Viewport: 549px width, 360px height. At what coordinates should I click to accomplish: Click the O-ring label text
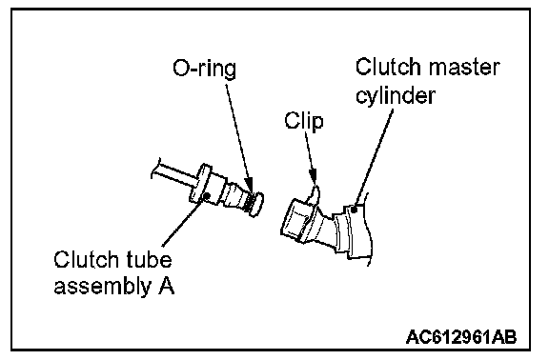pyautogui.click(x=205, y=70)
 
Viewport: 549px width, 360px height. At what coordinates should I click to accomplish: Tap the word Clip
pyautogui.click(x=304, y=122)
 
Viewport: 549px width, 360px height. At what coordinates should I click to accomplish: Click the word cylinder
pyautogui.click(x=396, y=95)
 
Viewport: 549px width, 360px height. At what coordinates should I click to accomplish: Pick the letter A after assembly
pyautogui.click(x=166, y=287)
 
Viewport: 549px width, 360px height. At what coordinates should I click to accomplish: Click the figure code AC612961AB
pyautogui.click(x=460, y=337)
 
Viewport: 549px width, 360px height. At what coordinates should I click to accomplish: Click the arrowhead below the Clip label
pyautogui.click(x=313, y=176)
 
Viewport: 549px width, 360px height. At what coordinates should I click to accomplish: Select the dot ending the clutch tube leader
pyautogui.click(x=207, y=196)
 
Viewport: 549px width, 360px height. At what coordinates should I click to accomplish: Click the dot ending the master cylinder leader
pyautogui.click(x=354, y=210)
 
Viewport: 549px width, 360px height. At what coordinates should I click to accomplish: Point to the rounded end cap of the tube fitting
pyautogui.click(x=258, y=205)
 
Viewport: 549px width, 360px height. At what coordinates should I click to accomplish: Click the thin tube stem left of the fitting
pyautogui.click(x=175, y=173)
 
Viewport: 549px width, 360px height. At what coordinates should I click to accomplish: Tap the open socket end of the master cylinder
pyautogui.click(x=292, y=219)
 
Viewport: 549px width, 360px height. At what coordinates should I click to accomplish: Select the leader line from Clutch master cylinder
pyautogui.click(x=374, y=159)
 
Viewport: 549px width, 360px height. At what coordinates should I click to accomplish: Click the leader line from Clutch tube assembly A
pyautogui.click(x=185, y=220)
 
